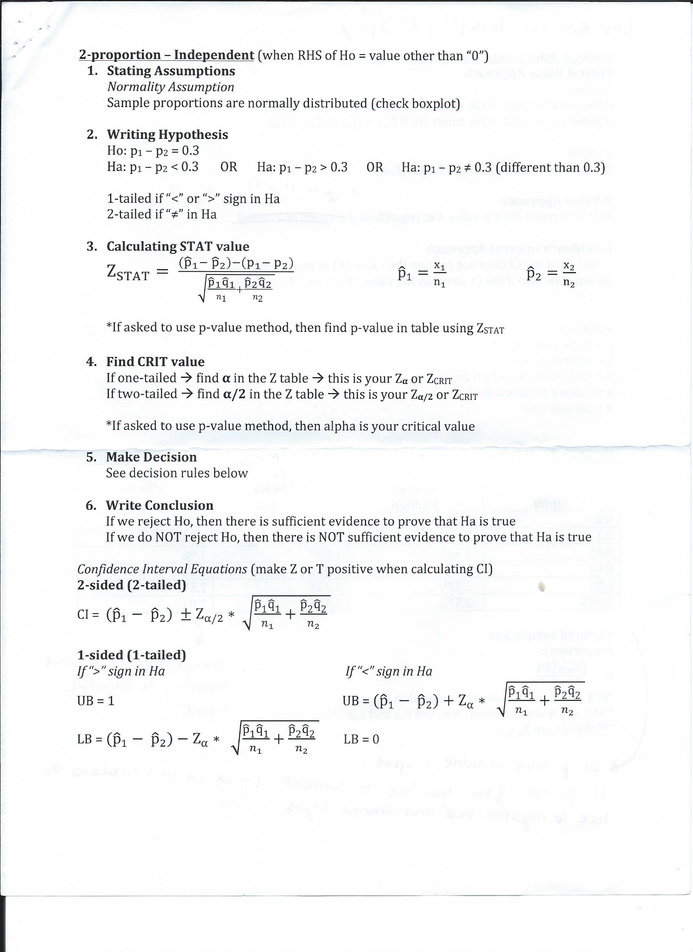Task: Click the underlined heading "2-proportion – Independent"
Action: click(166, 55)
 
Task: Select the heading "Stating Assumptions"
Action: click(171, 71)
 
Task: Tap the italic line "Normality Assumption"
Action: click(170, 87)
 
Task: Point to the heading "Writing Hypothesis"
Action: click(167, 134)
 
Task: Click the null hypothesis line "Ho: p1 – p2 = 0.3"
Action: click(153, 151)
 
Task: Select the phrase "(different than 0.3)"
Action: click(550, 167)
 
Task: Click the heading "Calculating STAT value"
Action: click(178, 246)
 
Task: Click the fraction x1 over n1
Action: click(439, 274)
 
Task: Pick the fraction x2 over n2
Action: click(569, 274)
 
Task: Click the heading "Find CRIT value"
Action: click(155, 362)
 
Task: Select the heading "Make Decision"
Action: click(151, 457)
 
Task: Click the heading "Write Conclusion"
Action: click(159, 505)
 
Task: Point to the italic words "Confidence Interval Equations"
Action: click(162, 569)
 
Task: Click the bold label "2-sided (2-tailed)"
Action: click(132, 585)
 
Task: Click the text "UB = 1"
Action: click(96, 701)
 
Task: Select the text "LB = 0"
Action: click(361, 739)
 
